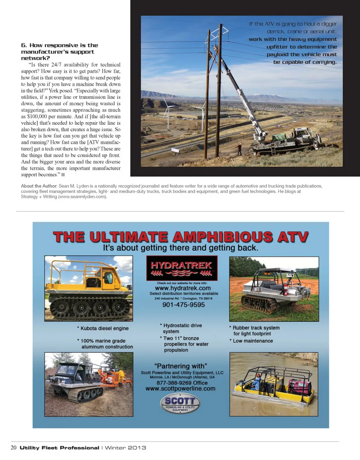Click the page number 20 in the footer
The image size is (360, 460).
coord(13,448)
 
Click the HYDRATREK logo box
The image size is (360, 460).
coord(182,268)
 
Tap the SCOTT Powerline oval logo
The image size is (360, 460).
coord(180,405)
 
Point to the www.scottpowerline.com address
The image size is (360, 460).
coord(180,389)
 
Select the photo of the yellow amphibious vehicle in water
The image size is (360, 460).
coord(274,384)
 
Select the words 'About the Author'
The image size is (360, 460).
coord(39,186)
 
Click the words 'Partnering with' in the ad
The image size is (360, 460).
coord(180,366)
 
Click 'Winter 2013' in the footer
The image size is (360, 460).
coord(125,448)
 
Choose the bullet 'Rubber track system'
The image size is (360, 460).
coord(256,328)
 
